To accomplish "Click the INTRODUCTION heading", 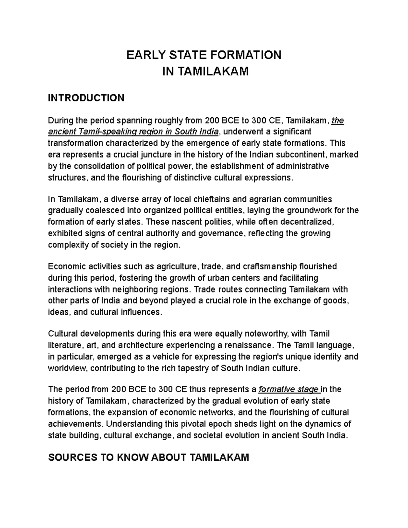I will pyautogui.click(x=86, y=98).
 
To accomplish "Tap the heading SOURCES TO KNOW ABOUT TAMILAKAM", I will pyautogui.click(x=149, y=457).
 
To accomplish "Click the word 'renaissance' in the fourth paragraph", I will pyautogui.click(x=251, y=345).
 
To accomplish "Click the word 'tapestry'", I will pyautogui.click(x=191, y=369).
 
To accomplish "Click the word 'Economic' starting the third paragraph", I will pyautogui.click(x=65, y=266).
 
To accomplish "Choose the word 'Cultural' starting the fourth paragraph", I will pyautogui.click(x=63, y=334).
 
